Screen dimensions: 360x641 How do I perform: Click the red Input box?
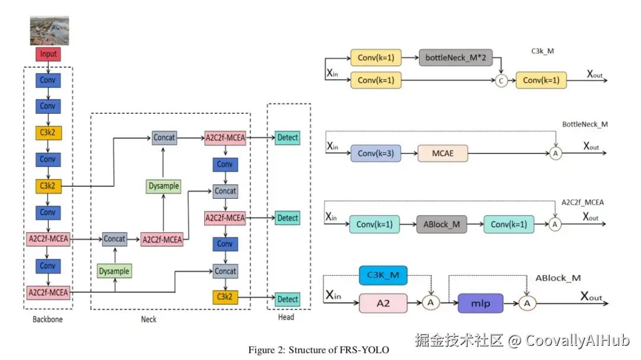pos(48,54)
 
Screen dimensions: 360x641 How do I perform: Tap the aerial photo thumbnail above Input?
pos(49,31)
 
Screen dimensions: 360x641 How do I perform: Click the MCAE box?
pos(442,153)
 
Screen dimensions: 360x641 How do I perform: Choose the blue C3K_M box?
pos(383,275)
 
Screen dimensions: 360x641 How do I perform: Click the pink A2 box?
pos(383,302)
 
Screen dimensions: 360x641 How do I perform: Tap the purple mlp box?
pos(480,302)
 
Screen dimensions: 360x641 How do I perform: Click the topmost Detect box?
pos(288,138)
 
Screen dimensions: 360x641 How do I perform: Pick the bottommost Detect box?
pos(288,299)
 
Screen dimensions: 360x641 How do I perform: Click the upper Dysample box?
pos(164,186)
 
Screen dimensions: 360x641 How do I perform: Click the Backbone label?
pos(47,319)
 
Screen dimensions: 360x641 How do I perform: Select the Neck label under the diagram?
pos(148,319)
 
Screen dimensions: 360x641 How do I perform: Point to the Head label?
pos(286,317)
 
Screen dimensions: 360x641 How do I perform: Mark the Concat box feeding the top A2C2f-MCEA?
pos(164,138)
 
